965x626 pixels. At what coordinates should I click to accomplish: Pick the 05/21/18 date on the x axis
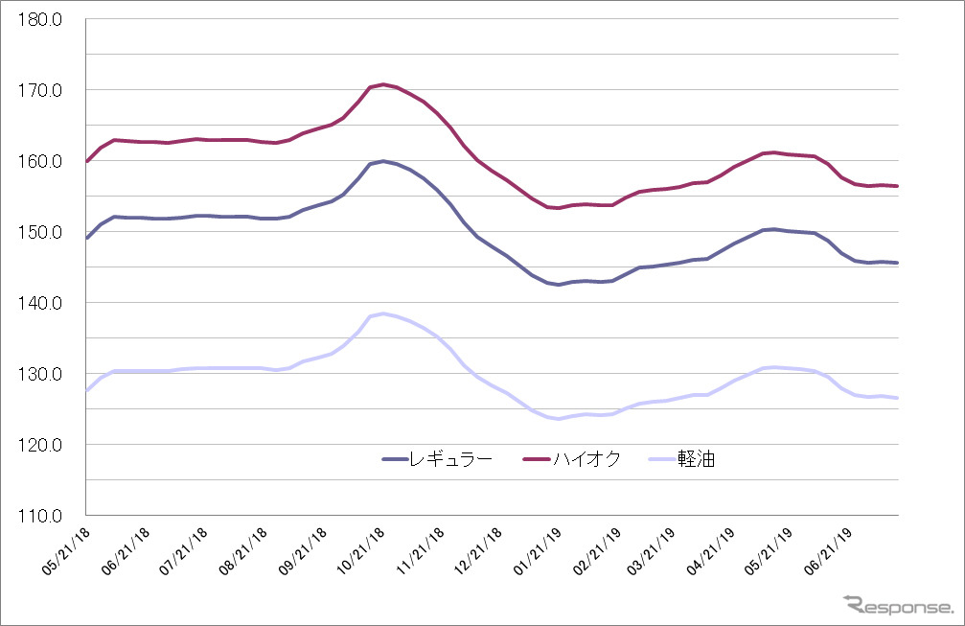[x=65, y=551]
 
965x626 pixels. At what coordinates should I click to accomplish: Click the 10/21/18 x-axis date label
[x=362, y=551]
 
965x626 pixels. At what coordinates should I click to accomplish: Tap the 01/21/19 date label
[x=539, y=551]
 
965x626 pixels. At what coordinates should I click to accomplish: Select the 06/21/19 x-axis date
[x=834, y=551]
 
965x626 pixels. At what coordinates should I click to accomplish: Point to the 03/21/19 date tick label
[x=657, y=551]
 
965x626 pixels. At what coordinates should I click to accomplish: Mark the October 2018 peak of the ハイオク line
[x=383, y=84]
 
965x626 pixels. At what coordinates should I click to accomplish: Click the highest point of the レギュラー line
[x=383, y=161]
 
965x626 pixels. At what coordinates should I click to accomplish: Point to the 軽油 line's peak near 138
[x=383, y=313]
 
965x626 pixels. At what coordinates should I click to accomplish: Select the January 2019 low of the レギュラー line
[x=559, y=284]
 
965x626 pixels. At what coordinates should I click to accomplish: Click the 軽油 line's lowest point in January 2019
[x=559, y=419]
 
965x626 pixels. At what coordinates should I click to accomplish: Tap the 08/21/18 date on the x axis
[x=243, y=551]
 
